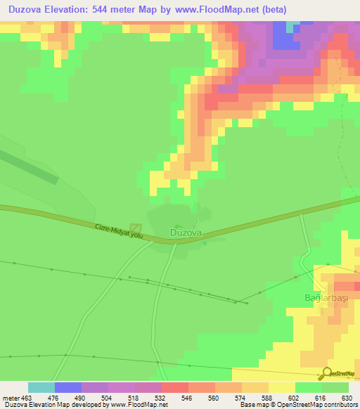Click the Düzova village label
[186, 232]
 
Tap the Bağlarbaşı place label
[322, 298]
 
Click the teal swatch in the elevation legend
[41, 387]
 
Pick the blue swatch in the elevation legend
[68, 387]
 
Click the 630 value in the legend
[345, 397]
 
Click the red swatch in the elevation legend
[175, 387]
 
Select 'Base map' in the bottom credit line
[252, 405]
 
